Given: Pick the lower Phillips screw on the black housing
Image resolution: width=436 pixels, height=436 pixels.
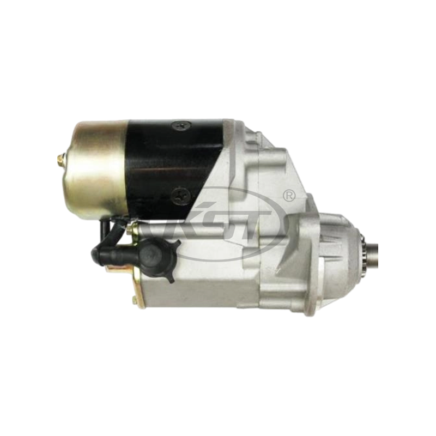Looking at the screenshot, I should (180, 195).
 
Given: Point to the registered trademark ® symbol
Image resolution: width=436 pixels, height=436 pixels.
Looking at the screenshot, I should (289, 195).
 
